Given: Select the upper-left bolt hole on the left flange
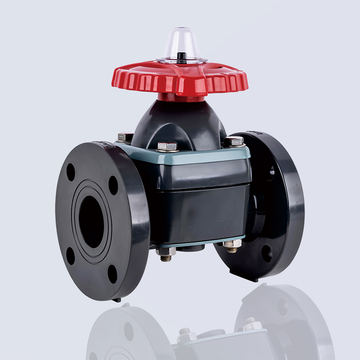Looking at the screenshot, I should click(71, 172).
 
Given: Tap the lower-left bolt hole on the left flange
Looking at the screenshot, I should click(71, 256).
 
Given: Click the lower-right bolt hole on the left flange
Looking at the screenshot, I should click(113, 274).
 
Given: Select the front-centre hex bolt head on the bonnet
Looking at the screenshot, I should click(167, 146).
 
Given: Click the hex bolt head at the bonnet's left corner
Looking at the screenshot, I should click(125, 136).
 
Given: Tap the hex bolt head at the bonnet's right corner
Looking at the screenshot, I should click(234, 141).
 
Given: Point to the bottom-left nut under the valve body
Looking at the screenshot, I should click(166, 252).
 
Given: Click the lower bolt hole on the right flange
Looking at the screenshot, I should click(267, 254).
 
